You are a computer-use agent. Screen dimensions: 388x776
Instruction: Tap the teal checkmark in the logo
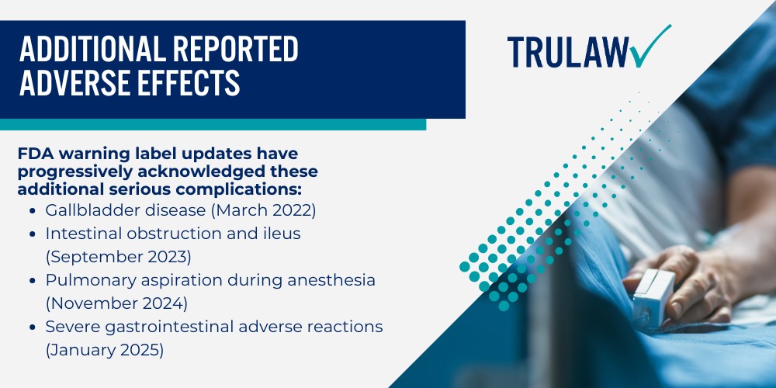pos(650,48)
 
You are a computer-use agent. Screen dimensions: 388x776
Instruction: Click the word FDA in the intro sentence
pos(35,154)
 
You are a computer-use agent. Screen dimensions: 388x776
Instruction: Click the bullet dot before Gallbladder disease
pos(29,210)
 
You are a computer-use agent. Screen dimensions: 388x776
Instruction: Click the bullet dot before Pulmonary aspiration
pos(29,280)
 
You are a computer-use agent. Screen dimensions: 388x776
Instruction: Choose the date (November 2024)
pos(116,302)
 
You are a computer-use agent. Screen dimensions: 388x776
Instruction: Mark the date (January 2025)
pos(105,349)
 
